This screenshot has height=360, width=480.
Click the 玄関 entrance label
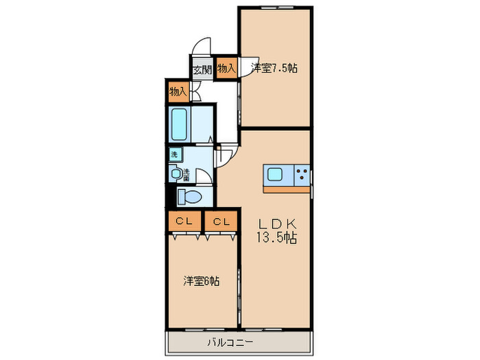pos(202,69)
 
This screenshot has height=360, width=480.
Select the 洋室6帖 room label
pos(201,281)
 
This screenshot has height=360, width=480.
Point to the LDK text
pos(276,224)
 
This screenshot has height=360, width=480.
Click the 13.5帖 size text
pos(276,239)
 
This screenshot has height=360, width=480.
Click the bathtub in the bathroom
pos(180,124)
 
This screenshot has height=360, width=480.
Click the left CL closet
pos(183,221)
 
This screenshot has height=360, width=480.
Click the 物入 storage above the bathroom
pos(178,91)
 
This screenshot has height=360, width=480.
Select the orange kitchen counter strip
pos(285,185)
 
